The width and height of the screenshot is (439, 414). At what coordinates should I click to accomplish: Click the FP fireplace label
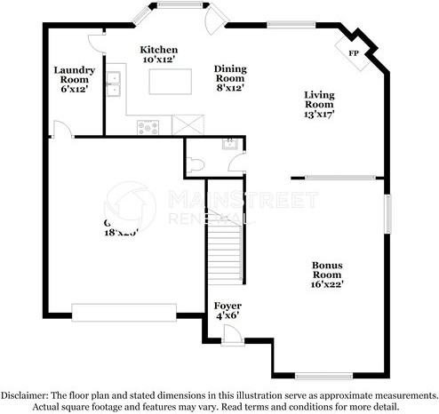click(354, 53)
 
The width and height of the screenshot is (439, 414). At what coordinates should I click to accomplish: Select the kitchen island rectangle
click(171, 81)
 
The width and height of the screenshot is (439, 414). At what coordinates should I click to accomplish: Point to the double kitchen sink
click(114, 83)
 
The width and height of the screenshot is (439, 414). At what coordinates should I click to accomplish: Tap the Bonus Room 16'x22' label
click(327, 274)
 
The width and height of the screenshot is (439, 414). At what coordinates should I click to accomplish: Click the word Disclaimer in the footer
click(26, 394)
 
